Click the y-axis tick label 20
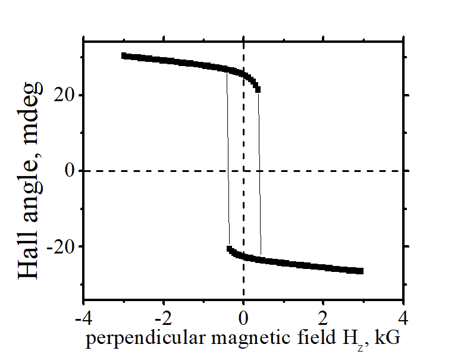pos(66,95)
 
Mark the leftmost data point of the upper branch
pos(124,55)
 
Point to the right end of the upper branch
pos(257,89)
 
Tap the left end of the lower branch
pos(230,249)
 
